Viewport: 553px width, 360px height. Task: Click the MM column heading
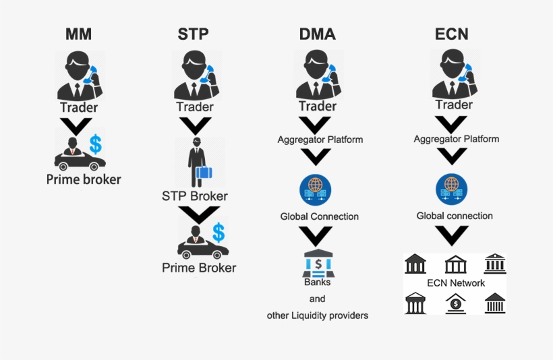pos(79,34)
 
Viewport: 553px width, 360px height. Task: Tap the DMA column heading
pos(318,34)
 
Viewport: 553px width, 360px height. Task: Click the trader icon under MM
pos(80,76)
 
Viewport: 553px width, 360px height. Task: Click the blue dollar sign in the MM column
pos(96,143)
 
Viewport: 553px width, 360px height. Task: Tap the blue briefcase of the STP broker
pos(204,175)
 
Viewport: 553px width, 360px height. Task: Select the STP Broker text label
pos(195,196)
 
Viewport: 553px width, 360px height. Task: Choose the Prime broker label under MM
pos(84,179)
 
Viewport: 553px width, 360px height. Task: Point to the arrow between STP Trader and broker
pos(194,126)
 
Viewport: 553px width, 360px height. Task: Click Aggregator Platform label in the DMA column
pos(320,140)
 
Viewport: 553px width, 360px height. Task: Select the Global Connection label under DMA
pos(320,216)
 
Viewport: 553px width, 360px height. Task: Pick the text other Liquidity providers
pos(318,315)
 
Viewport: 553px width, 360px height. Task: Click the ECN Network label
pos(456,283)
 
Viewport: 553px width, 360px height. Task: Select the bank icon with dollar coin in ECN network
pos(456,303)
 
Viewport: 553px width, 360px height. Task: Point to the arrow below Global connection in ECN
pos(453,237)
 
